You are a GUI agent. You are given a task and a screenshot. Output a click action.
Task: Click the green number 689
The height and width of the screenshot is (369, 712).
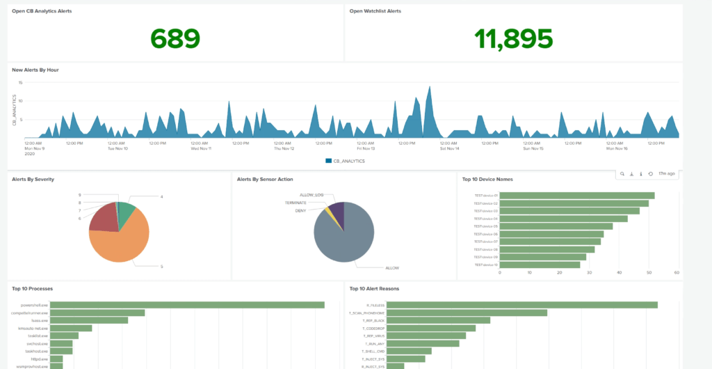[175, 38]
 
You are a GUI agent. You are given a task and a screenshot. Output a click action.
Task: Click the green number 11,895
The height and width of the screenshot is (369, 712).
[514, 38]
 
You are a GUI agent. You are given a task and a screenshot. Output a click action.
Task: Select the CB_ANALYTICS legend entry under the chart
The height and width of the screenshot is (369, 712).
[345, 161]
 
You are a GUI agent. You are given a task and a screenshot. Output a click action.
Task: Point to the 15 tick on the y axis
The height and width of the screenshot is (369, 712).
[21, 83]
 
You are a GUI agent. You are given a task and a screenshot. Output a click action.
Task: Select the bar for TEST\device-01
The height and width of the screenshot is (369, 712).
[577, 196]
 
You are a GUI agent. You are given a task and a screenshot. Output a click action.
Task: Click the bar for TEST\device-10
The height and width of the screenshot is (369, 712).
[540, 265]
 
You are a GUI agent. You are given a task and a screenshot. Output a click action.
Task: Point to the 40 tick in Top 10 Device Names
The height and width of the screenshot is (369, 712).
[619, 272]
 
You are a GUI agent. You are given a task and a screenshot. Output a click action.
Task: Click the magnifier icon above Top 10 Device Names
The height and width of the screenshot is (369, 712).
[622, 174]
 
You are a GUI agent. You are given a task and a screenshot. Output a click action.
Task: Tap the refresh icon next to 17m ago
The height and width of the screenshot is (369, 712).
[650, 174]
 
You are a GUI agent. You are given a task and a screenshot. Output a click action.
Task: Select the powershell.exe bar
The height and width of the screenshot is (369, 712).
[187, 304]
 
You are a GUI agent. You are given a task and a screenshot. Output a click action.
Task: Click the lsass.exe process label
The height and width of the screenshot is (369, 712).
[38, 320]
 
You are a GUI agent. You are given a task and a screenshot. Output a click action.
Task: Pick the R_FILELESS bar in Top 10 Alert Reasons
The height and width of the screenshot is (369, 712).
[521, 305]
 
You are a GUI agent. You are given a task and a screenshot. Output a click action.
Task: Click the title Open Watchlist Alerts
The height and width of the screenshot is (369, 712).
[375, 11]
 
